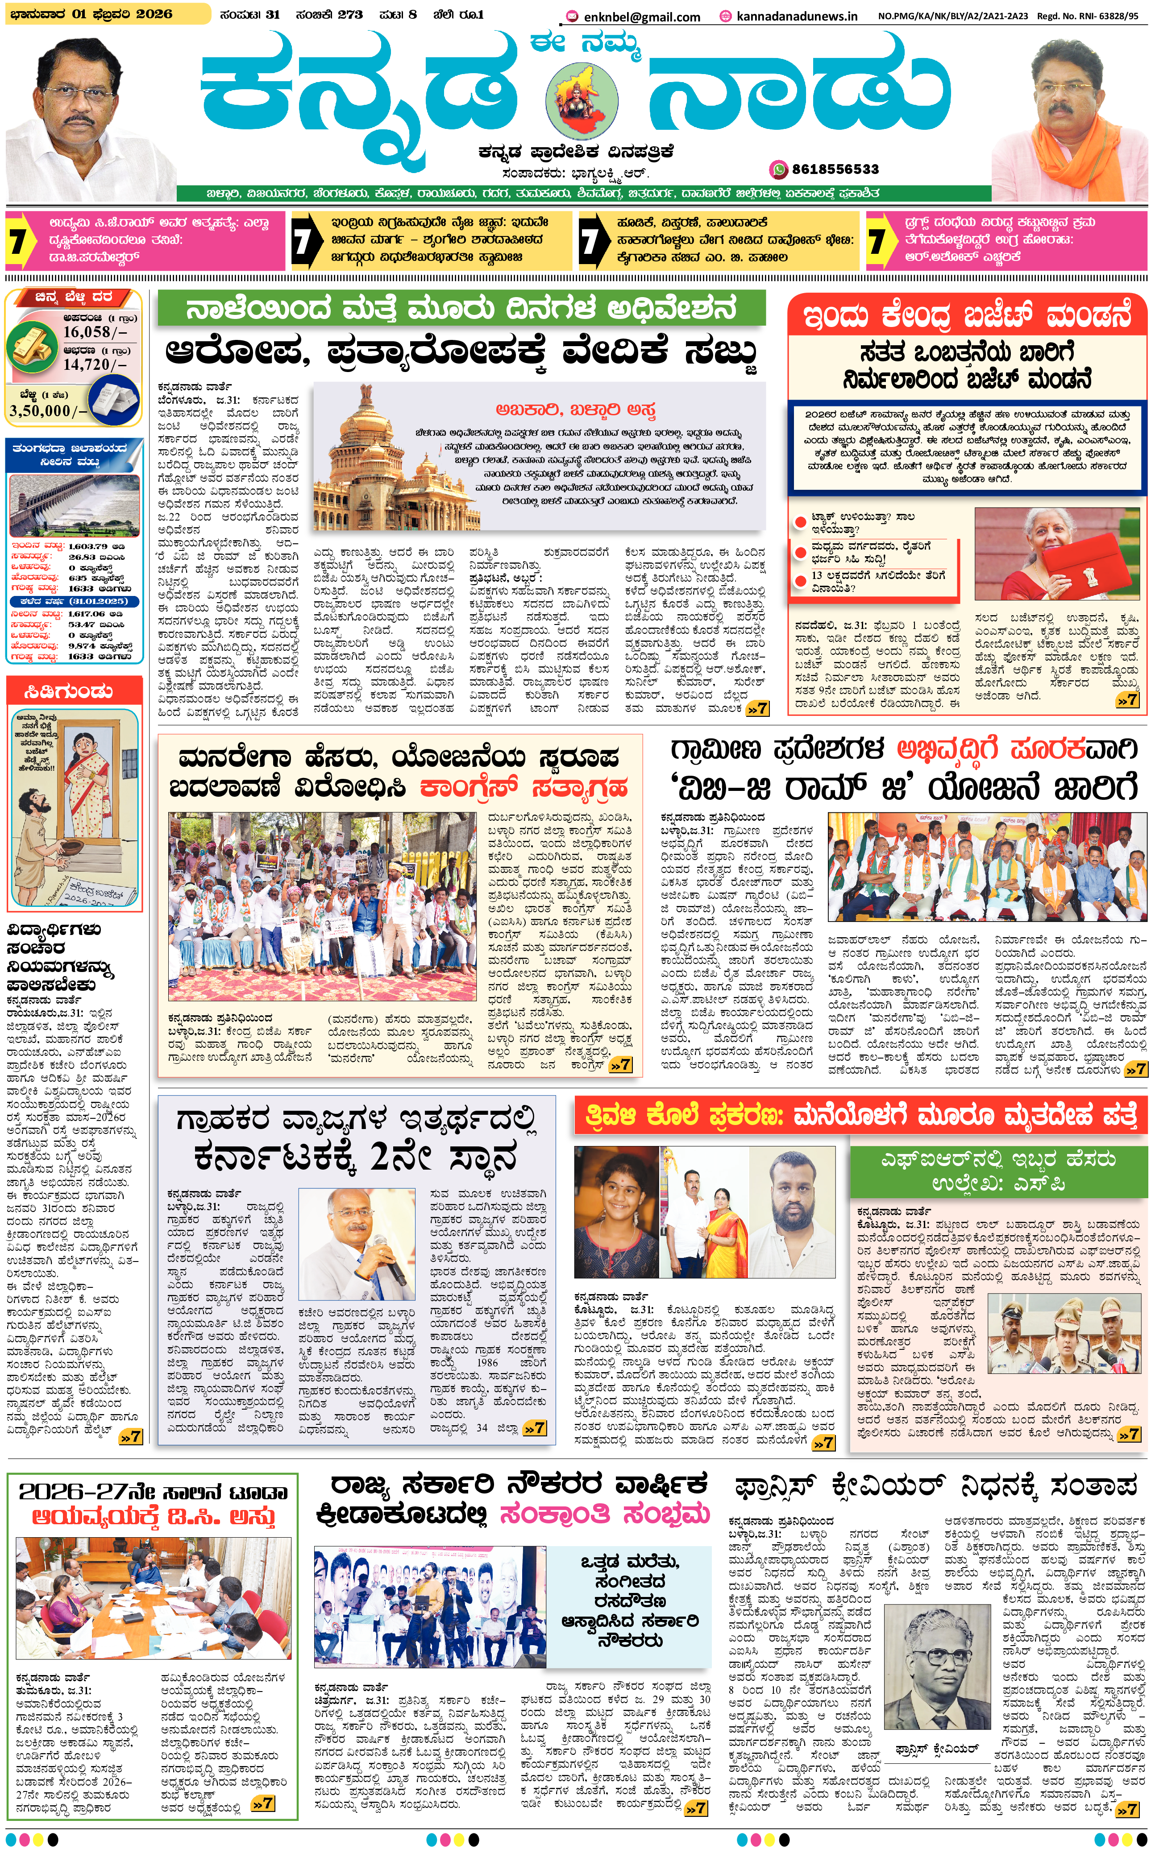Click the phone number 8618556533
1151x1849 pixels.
[835, 169]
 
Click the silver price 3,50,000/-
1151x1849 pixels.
[48, 411]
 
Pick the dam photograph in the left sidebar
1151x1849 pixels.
[74, 504]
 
